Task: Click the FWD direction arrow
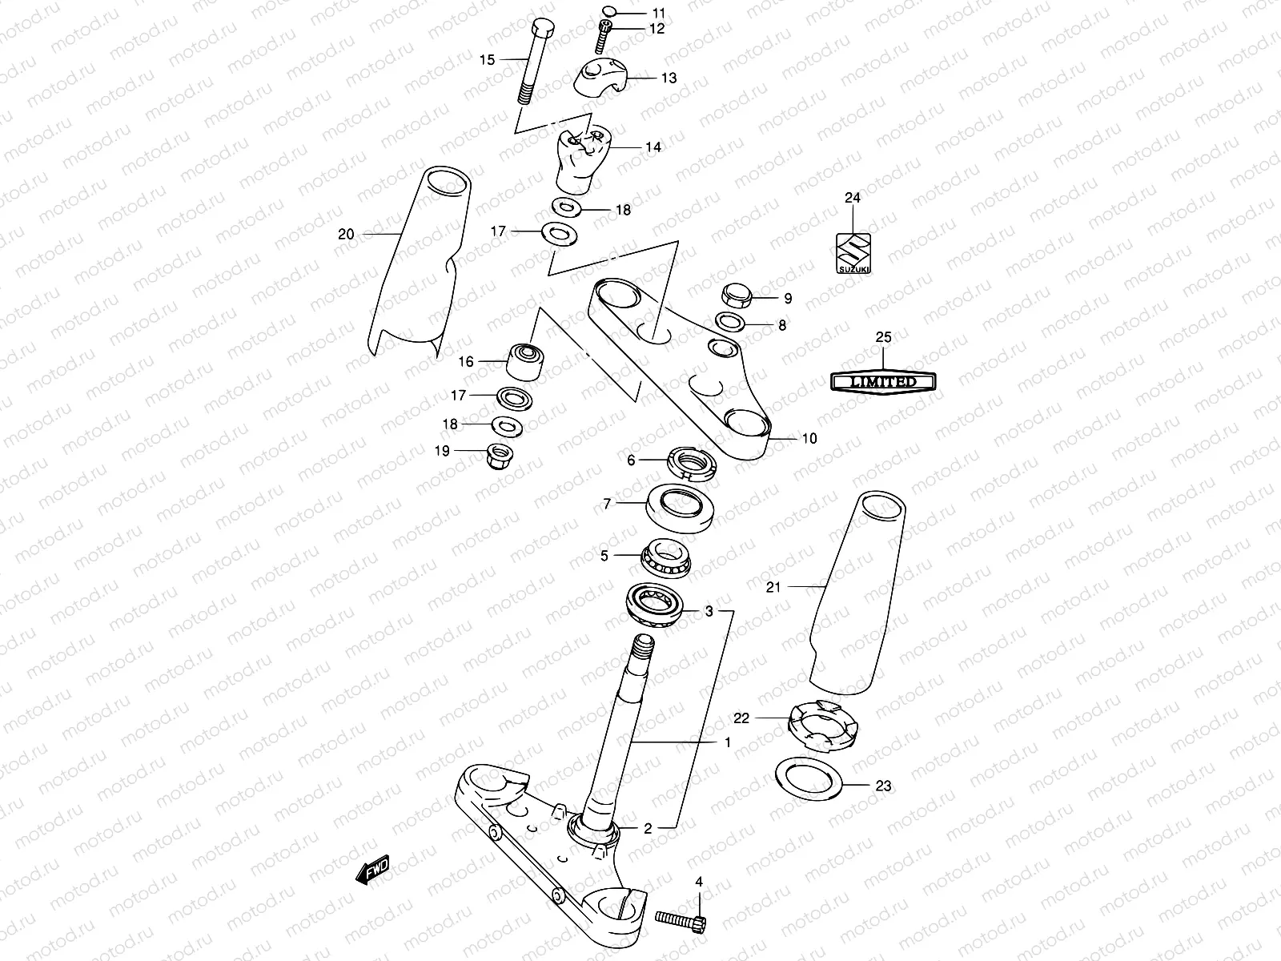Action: [x=372, y=872]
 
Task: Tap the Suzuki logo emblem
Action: [x=853, y=253]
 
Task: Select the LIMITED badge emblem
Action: [x=883, y=383]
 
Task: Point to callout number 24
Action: [x=852, y=198]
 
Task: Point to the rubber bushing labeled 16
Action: [x=524, y=363]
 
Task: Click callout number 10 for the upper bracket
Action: [x=809, y=439]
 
